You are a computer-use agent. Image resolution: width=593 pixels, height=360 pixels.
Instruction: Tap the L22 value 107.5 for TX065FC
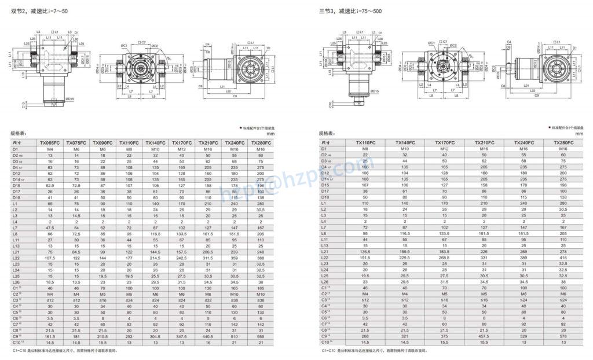click(x=50, y=258)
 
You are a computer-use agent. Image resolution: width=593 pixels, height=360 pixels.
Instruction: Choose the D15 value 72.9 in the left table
click(x=76, y=184)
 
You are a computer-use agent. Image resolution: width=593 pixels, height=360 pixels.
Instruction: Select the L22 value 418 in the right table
click(x=563, y=258)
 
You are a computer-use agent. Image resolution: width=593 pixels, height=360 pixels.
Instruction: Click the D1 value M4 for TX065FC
click(x=50, y=149)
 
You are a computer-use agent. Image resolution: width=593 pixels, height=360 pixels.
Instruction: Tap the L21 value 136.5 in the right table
click(x=365, y=252)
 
